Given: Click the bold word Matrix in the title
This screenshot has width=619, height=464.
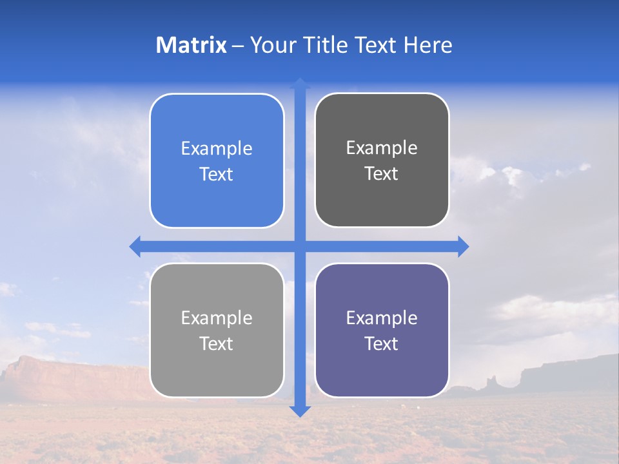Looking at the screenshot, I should point(191,45).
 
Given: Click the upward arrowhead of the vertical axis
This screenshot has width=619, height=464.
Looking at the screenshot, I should point(300,83).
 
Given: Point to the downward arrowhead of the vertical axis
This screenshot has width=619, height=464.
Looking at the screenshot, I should point(300,411).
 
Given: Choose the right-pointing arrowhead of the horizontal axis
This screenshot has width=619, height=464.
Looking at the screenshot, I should point(463,246).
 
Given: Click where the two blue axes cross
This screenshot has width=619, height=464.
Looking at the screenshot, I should point(300,246).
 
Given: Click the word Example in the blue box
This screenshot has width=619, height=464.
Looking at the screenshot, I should point(217,149).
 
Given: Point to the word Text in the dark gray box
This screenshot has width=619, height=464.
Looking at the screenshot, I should point(382,174).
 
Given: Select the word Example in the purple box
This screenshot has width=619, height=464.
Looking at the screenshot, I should point(382,318).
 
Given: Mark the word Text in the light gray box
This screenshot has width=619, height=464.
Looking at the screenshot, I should point(217,343).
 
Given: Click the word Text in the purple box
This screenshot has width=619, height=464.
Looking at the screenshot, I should point(382,343).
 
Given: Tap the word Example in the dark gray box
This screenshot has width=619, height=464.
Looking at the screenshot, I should point(382,148).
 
